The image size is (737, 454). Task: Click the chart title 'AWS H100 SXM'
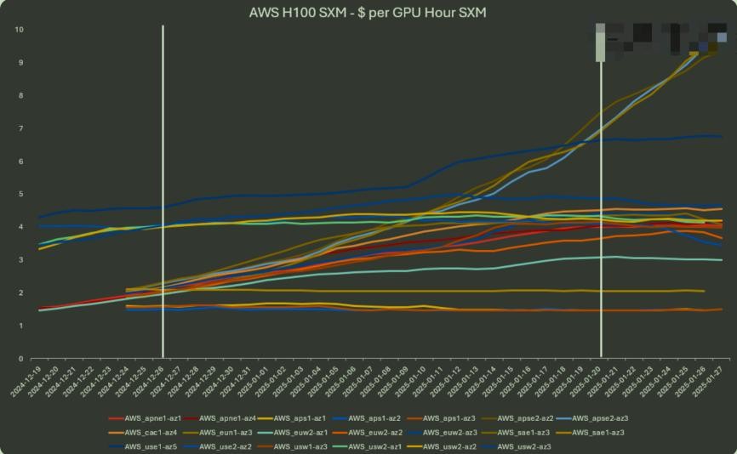click(x=367, y=12)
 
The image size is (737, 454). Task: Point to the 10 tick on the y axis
click(x=19, y=30)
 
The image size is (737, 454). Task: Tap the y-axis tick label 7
click(x=19, y=128)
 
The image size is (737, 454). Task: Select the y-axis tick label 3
click(x=19, y=260)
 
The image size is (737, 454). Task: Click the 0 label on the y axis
click(x=19, y=359)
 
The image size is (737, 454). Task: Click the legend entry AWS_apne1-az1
click(x=145, y=418)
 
